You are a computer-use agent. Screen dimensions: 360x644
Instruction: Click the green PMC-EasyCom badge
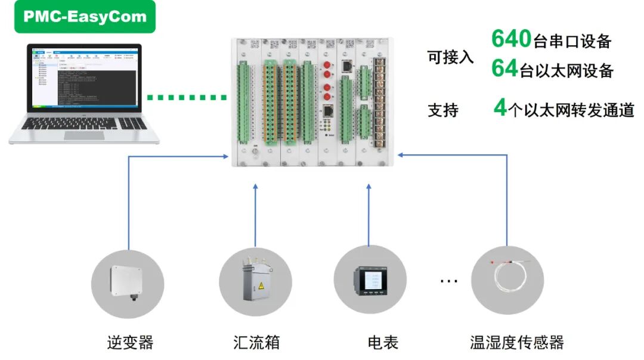(x=85, y=17)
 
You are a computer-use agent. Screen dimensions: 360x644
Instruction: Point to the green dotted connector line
(x=186, y=97)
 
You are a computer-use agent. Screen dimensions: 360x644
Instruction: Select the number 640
(x=511, y=39)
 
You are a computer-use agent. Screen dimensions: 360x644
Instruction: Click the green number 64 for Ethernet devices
(x=504, y=69)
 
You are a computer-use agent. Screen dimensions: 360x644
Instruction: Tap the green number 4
(x=500, y=108)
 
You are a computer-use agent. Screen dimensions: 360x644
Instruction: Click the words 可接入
(x=450, y=57)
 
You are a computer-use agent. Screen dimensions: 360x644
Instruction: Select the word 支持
(x=442, y=110)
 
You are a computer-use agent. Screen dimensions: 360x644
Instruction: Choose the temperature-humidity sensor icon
(x=507, y=280)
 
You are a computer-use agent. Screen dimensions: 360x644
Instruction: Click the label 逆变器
(x=130, y=343)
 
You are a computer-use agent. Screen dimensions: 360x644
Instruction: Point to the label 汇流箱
(x=256, y=343)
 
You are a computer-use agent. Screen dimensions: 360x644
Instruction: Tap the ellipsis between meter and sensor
(x=448, y=280)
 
